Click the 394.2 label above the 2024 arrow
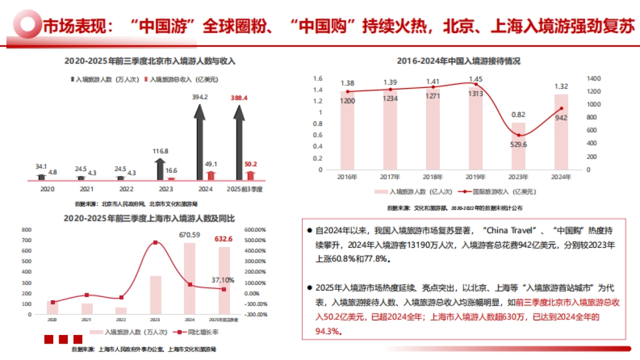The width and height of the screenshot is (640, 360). pos(201,97)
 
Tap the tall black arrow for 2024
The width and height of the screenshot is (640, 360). pos(201,139)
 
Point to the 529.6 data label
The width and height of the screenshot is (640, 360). pos(518,144)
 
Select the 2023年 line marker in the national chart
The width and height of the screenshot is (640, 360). pos(518,135)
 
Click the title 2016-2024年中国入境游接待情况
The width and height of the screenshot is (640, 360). pos(458,61)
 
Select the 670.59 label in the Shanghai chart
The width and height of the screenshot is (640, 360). pos(189,235)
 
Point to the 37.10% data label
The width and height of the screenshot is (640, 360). pos(222,279)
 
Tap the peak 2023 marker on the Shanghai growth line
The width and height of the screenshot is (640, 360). pos(155,243)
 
